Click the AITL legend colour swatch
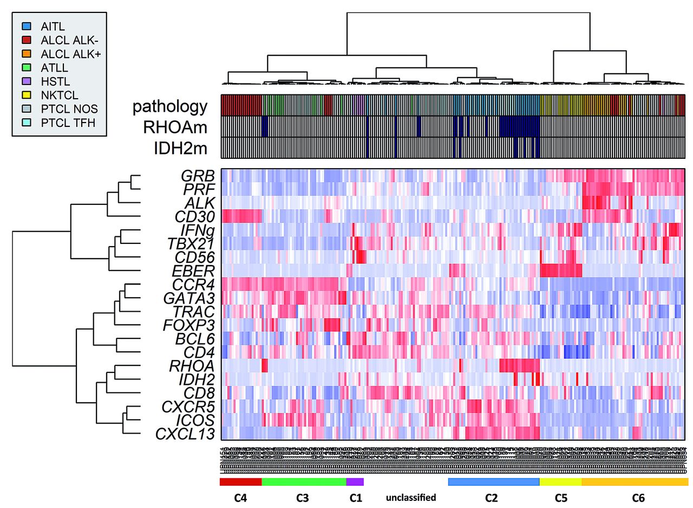click(x=26, y=25)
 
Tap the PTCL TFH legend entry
click(x=68, y=123)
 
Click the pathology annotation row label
click(x=169, y=107)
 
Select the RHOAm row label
click(x=175, y=127)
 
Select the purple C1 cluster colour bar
click(x=355, y=481)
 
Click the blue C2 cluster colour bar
click(x=494, y=481)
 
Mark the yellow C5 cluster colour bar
click(x=560, y=481)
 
